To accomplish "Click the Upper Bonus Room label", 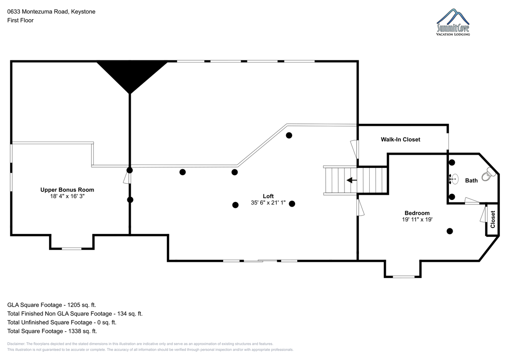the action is (67, 190).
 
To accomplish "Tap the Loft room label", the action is (268, 196).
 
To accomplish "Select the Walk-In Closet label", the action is (400, 139).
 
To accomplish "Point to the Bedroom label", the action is (417, 213).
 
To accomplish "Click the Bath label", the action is (471, 180).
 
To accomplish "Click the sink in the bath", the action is (454, 179).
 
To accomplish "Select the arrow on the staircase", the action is (352, 180).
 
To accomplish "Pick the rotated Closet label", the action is (493, 219).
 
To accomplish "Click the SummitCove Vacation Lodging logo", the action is (453, 22).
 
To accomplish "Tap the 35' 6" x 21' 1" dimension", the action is (268, 202).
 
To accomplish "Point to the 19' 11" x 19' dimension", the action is (417, 219).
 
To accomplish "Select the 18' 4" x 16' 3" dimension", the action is (67, 196).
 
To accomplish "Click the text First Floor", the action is (20, 20).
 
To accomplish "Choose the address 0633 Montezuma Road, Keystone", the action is (52, 11).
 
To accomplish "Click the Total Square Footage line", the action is (52, 331).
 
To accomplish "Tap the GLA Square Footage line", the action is (52, 305).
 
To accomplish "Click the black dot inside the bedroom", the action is (450, 231).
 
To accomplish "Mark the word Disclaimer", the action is (16, 344).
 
